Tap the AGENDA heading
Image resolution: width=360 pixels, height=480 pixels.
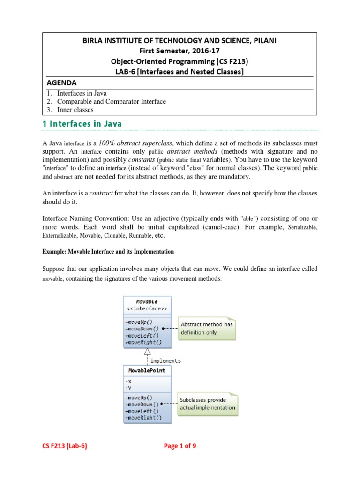61,82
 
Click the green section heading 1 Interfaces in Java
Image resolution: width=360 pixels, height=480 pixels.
82,124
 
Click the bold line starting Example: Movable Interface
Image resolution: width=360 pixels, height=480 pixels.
108,252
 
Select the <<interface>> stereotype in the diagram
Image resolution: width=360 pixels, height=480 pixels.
147,309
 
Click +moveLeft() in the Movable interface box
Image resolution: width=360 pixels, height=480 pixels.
142,335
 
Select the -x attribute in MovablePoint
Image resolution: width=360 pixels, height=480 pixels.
129,381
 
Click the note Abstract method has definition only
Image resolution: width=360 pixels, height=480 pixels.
207,328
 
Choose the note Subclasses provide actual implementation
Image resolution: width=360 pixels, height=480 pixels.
207,404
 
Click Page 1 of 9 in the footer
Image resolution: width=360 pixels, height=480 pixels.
180,446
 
